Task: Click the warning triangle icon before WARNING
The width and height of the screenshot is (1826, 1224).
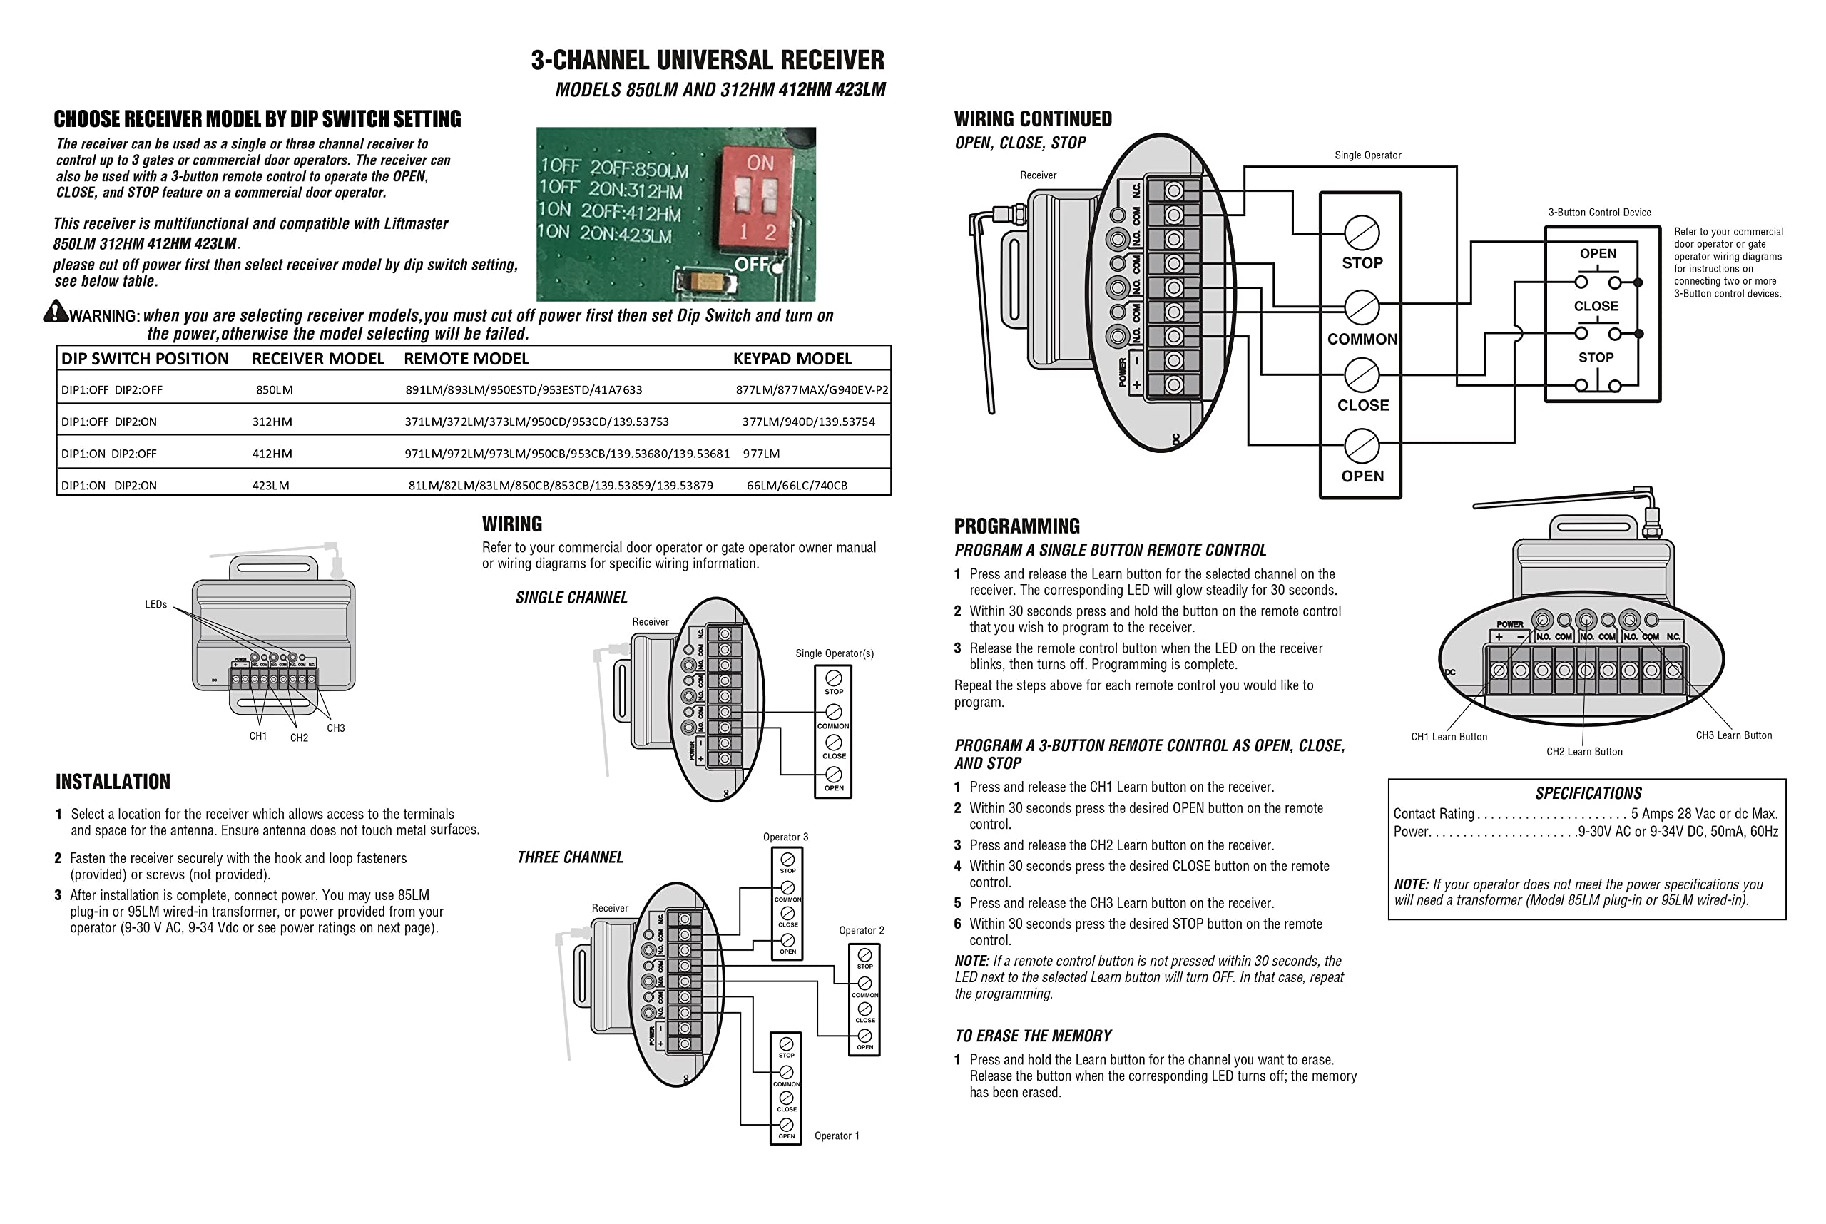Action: (55, 312)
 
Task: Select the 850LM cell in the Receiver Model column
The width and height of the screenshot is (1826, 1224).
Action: (274, 390)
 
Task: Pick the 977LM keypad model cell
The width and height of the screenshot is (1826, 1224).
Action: (760, 454)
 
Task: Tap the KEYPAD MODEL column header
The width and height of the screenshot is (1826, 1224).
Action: (792, 359)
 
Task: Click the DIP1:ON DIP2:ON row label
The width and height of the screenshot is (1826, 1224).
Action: (108, 486)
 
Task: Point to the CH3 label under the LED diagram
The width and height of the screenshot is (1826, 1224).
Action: (335, 728)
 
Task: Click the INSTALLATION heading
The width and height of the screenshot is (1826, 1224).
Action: (113, 782)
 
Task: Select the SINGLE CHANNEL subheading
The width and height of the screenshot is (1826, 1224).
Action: (571, 598)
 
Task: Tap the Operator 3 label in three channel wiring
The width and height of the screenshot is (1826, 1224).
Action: (785, 837)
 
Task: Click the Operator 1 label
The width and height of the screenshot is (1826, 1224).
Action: (836, 1136)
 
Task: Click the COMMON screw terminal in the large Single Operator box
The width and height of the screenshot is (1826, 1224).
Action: (1362, 307)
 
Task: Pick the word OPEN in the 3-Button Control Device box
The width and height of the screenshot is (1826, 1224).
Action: (1597, 254)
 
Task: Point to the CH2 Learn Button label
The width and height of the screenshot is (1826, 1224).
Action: (1584, 752)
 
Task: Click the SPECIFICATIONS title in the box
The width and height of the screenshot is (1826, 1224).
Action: (1588, 794)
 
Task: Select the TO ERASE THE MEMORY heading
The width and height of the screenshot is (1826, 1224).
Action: (1032, 1036)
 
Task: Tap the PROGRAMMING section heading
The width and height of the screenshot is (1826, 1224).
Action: (1016, 526)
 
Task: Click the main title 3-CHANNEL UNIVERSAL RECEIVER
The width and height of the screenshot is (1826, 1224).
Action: (708, 60)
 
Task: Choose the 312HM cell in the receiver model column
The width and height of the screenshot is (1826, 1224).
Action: (272, 422)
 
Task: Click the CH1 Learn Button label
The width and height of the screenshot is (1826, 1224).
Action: (1448, 737)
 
